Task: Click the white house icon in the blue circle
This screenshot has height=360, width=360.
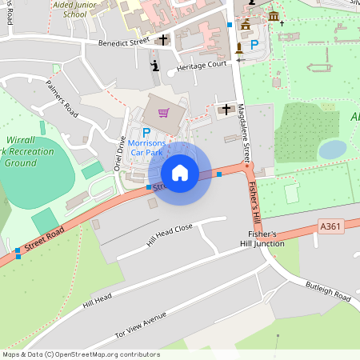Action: coord(180,173)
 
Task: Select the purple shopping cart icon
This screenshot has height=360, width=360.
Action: coord(164,113)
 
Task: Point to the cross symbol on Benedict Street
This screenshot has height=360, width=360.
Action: coord(163,39)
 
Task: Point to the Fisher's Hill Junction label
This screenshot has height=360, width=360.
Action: coord(262,239)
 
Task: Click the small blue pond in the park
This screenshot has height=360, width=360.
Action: coord(332,149)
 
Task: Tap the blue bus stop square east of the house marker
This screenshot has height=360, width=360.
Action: coord(218,174)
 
